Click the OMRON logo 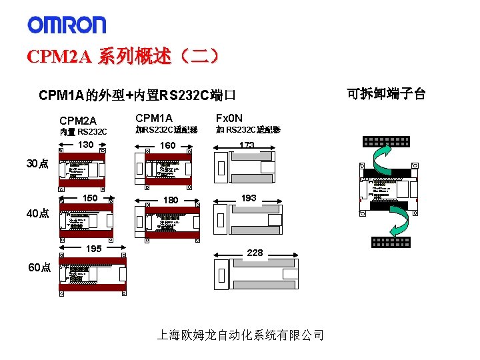point(67,25)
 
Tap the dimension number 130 point(85,145)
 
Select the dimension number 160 point(168,145)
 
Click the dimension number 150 point(89,199)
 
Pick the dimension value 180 point(171,200)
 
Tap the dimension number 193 point(249,198)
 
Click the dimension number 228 point(255,253)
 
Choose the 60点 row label point(39,267)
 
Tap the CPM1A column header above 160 point(153,119)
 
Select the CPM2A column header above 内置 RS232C point(78,121)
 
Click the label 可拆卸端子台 point(386,93)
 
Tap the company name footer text point(240,335)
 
